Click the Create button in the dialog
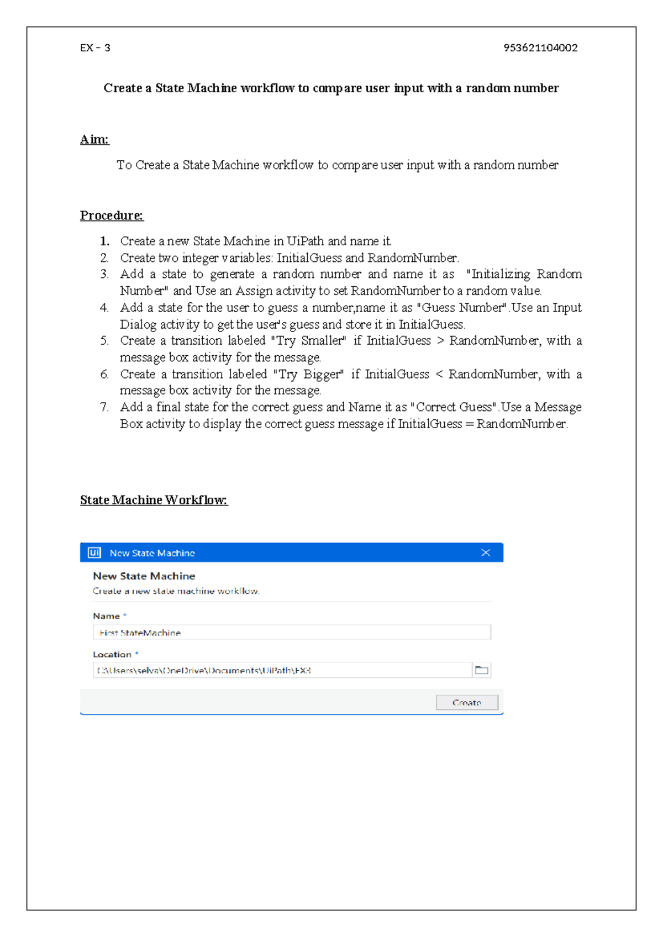[467, 702]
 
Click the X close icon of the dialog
[486, 552]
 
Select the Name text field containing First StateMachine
[292, 633]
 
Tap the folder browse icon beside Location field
[482, 670]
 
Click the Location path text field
[282, 670]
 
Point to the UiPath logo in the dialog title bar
[94, 552]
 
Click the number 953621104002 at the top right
[540, 48]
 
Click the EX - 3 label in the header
[95, 48]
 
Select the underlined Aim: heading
[94, 139]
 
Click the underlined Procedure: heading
[112, 215]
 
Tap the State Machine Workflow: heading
[154, 500]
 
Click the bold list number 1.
[104, 241]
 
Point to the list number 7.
[104, 407]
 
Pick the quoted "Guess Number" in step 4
[462, 308]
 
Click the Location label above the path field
[112, 654]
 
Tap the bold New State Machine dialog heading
[144, 576]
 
